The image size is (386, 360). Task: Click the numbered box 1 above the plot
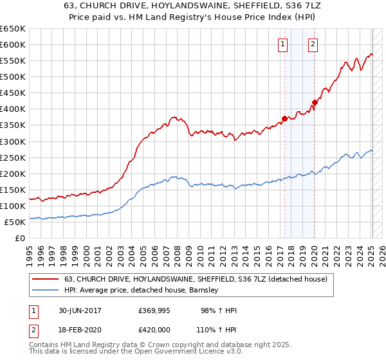(x=283, y=44)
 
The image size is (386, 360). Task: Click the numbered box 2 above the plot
(x=313, y=44)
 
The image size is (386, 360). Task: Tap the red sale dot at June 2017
(x=284, y=118)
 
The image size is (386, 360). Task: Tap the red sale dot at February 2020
(x=315, y=102)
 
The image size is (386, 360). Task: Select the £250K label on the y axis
(x=12, y=157)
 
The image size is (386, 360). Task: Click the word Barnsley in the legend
(x=203, y=290)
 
